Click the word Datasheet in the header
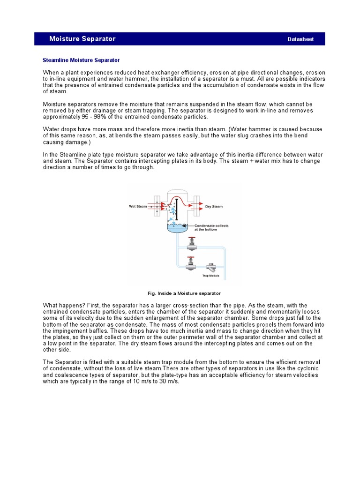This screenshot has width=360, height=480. pyautogui.click(x=300, y=39)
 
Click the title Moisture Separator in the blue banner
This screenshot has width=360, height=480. pyautogui.click(x=82, y=39)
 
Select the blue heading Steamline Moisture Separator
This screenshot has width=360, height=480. pyautogui.click(x=81, y=60)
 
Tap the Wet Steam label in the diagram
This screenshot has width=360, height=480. pyautogui.click(x=138, y=206)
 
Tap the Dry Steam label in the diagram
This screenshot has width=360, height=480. pyautogui.click(x=214, y=206)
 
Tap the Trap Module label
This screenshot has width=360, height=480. pyautogui.click(x=210, y=276)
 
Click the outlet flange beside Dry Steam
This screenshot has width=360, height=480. pyautogui.click(x=198, y=206)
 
